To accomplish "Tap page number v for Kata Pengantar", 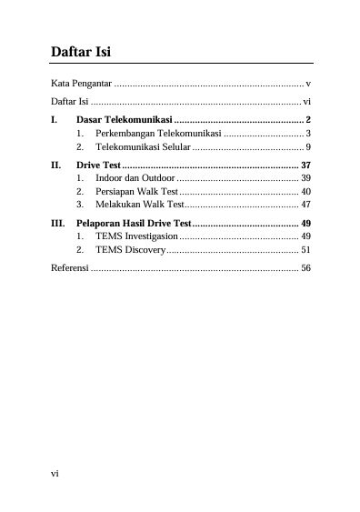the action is tap(309, 84).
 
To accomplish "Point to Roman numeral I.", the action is tap(54, 120).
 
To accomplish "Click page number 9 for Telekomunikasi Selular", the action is tap(309, 146).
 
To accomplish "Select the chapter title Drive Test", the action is tap(99, 165).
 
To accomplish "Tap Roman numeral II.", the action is tap(56, 165).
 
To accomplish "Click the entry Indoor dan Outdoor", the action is tap(135, 177).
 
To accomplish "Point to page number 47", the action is tap(305, 204).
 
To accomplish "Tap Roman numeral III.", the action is tap(58, 223).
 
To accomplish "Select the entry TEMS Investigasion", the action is tap(136, 236).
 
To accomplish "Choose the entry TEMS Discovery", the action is tap(129, 248).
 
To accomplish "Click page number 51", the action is tap(305, 248).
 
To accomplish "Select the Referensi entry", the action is tap(70, 269).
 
